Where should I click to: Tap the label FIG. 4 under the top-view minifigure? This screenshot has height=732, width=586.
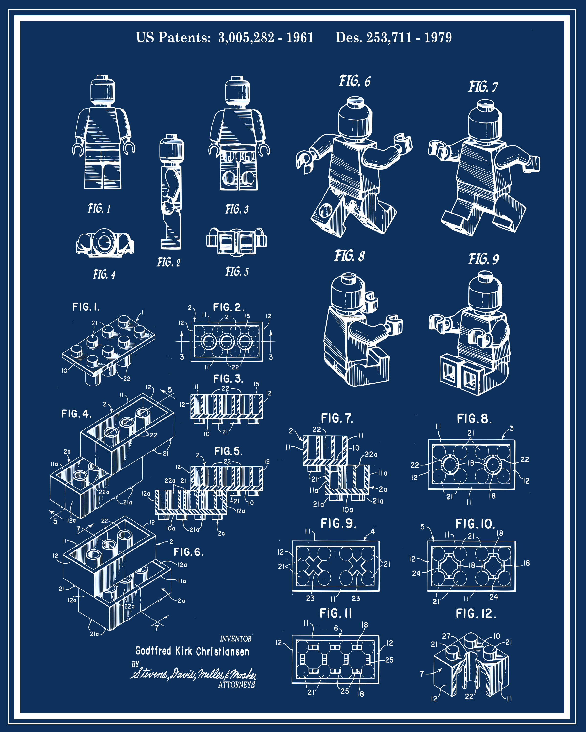click(x=104, y=274)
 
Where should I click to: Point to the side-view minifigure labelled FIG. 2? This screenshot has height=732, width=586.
click(x=172, y=193)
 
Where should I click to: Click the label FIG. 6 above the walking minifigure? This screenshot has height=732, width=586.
click(x=355, y=81)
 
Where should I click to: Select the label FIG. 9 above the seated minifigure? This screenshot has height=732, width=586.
click(x=483, y=259)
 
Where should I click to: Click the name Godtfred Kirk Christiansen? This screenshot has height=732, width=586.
click(x=192, y=651)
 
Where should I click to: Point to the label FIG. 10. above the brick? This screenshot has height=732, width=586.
click(x=475, y=524)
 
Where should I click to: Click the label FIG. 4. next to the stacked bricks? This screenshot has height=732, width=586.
click(x=76, y=414)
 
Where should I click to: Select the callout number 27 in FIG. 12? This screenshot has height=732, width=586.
click(x=446, y=636)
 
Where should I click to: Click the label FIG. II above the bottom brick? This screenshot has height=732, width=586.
click(x=336, y=613)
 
